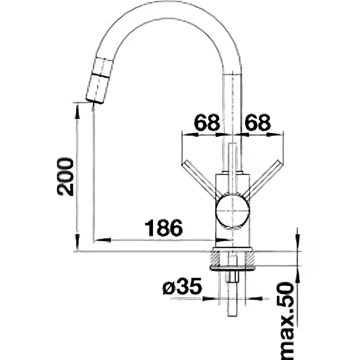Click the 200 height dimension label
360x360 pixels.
66,176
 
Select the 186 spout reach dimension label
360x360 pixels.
163,228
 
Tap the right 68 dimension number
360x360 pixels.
258,122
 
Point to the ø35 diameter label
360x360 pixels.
182,287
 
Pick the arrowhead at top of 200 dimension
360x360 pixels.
77,110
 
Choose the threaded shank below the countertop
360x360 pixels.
233,292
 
